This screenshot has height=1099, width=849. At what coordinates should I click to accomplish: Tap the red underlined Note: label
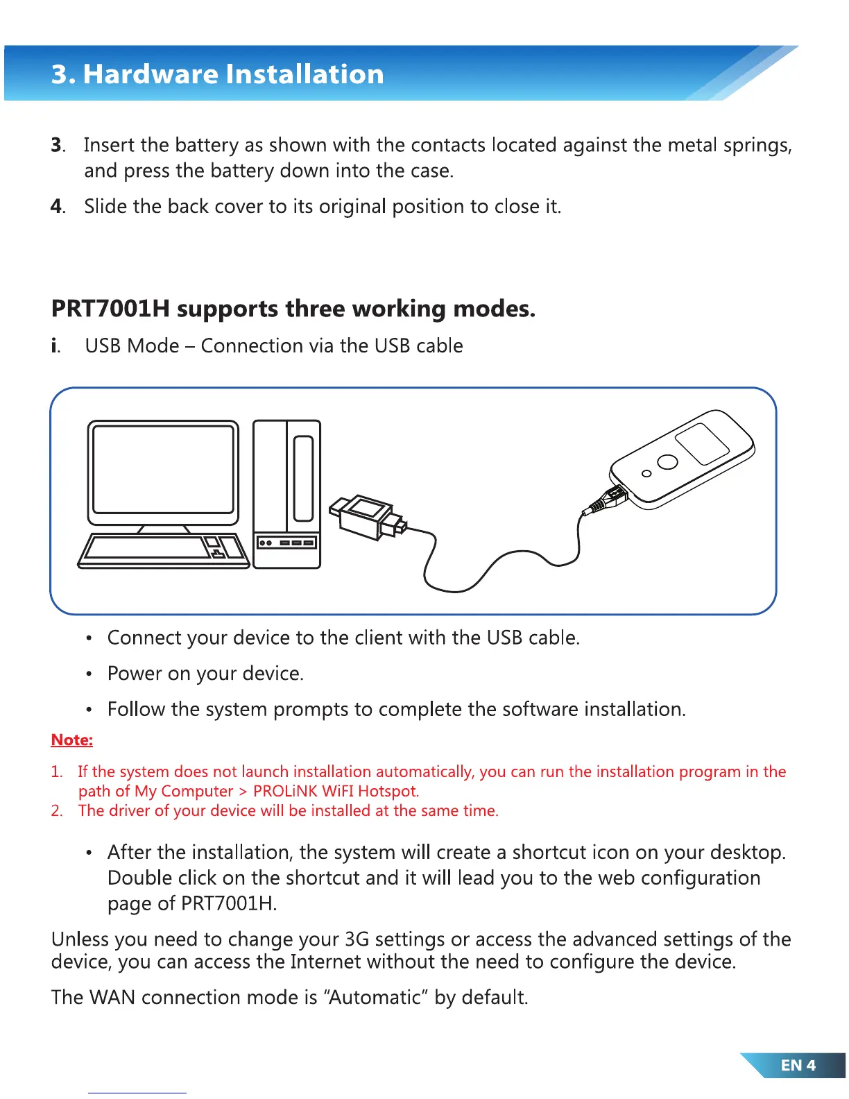[x=71, y=740]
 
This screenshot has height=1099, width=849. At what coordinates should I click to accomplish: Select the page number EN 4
[x=798, y=1065]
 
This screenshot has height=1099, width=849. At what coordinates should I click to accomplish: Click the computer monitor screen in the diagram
[x=163, y=469]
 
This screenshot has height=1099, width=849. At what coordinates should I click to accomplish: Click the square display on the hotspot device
[x=702, y=443]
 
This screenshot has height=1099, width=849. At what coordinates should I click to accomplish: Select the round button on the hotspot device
[x=667, y=461]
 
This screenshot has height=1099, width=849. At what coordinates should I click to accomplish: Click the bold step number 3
[x=56, y=145]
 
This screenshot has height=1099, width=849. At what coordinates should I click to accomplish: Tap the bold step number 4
[x=56, y=207]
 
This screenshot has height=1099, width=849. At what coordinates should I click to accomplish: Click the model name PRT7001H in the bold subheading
[x=110, y=309]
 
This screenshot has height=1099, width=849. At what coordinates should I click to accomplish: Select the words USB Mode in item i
[x=132, y=346]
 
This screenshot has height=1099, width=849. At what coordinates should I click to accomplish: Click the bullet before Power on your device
[x=89, y=674]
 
